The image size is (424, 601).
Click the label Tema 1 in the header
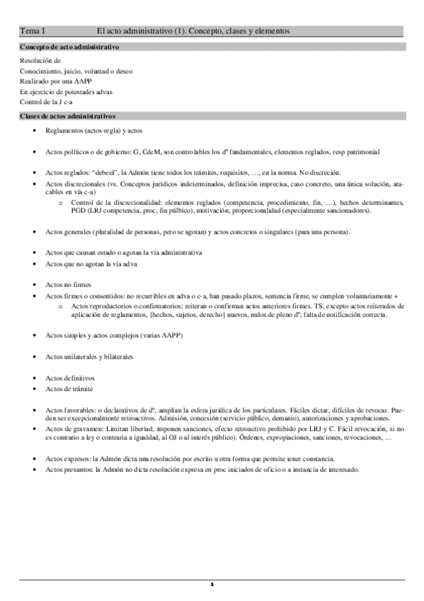(33, 31)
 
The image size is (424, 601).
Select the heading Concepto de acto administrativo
(69, 47)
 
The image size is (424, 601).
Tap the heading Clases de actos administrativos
(67, 116)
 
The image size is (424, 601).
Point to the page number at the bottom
(212, 585)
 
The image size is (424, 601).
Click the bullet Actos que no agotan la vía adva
(91, 264)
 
